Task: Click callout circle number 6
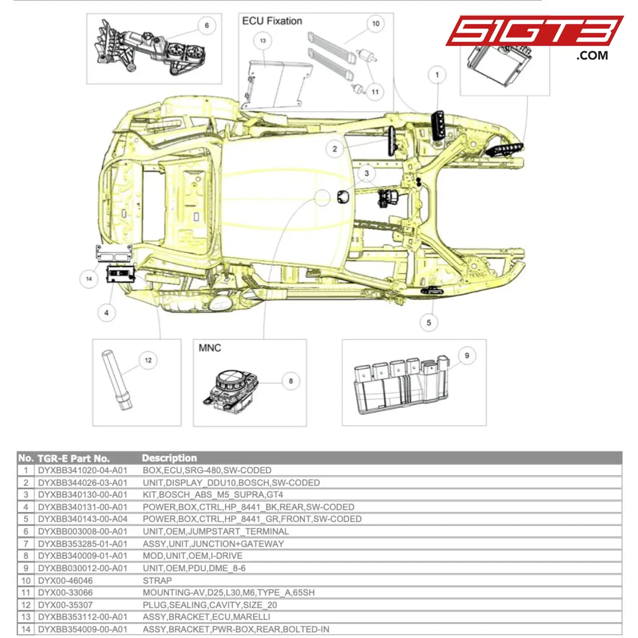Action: [x=207, y=26]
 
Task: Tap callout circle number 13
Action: [x=263, y=41]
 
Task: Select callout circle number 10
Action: [x=376, y=24]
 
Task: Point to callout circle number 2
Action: [x=335, y=149]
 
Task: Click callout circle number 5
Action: [x=429, y=323]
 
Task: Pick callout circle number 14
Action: [x=89, y=279]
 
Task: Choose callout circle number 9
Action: [x=467, y=356]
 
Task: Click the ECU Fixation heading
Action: [x=272, y=21]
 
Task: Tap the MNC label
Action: [x=210, y=348]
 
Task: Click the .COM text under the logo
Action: [x=592, y=55]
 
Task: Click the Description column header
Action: [x=169, y=458]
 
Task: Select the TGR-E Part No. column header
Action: [x=74, y=459]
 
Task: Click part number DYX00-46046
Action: [x=65, y=581]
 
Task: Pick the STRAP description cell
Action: [x=157, y=581]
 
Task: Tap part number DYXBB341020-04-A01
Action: [x=83, y=470]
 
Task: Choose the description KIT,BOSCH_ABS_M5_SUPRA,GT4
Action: [x=213, y=495]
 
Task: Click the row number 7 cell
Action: [x=26, y=544]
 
